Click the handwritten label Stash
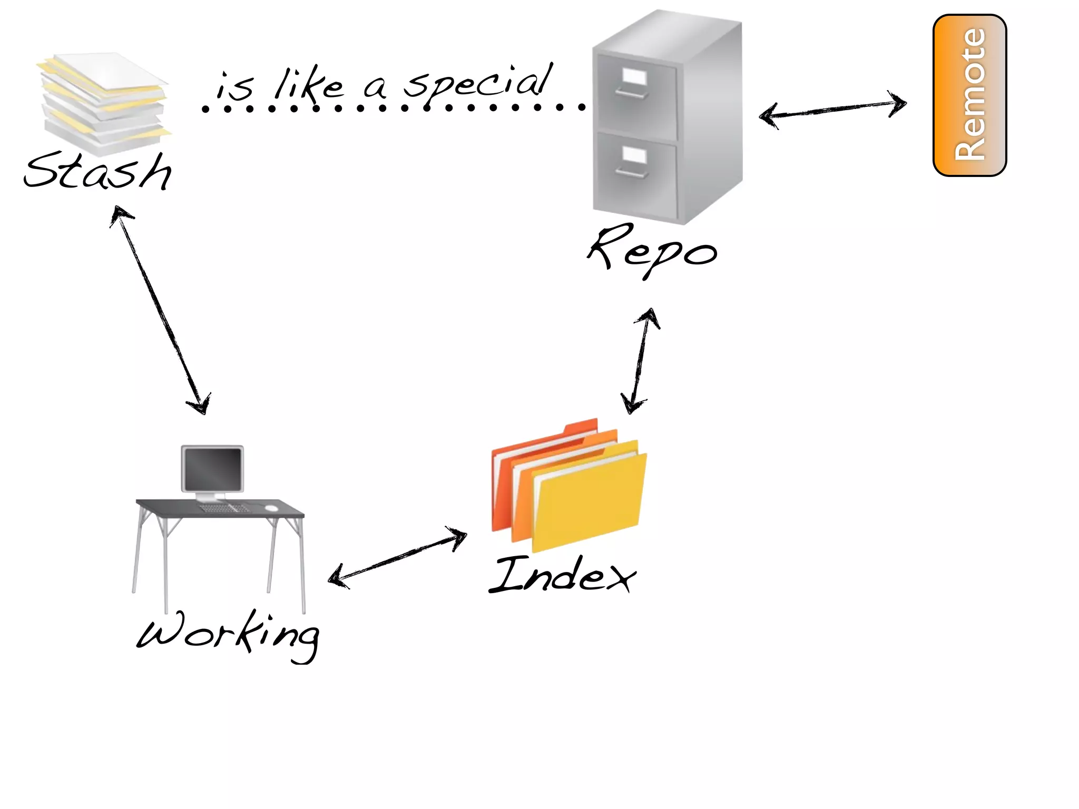[98, 171]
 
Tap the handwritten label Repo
[652, 250]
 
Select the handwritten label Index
[562, 575]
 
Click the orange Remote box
[969, 95]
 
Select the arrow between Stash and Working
[161, 311]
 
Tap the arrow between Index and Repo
[641, 361]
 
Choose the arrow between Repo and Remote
[832, 110]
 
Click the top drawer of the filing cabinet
[635, 95]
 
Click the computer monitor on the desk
[212, 468]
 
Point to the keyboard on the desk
[224, 508]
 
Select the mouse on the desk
[271, 508]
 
